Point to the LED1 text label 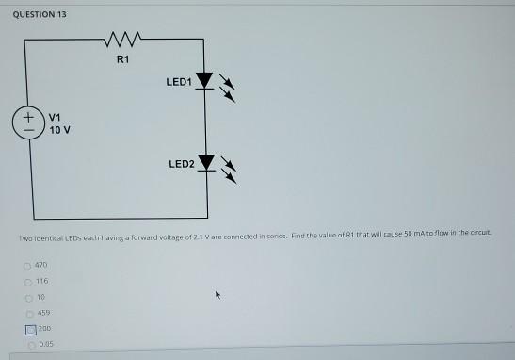(x=179, y=82)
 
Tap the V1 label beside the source (x=54, y=117)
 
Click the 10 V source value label (x=57, y=129)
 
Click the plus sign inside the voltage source (x=29, y=117)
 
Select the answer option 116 (x=41, y=281)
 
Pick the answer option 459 (x=41, y=313)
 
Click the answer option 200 (x=44, y=328)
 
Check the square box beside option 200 (x=30, y=329)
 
